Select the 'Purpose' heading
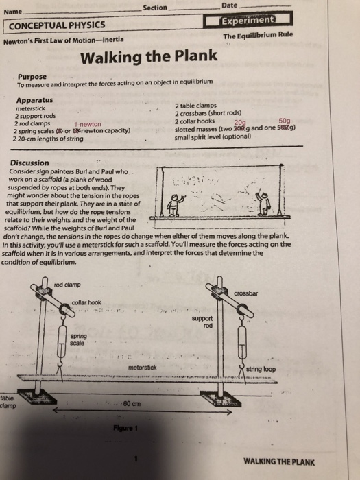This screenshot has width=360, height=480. pyautogui.click(x=33, y=77)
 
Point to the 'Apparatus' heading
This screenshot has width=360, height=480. pyautogui.click(x=35, y=100)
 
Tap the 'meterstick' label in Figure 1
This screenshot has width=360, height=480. pyautogui.click(x=143, y=368)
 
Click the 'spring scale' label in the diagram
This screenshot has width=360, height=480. pyautogui.click(x=78, y=338)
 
